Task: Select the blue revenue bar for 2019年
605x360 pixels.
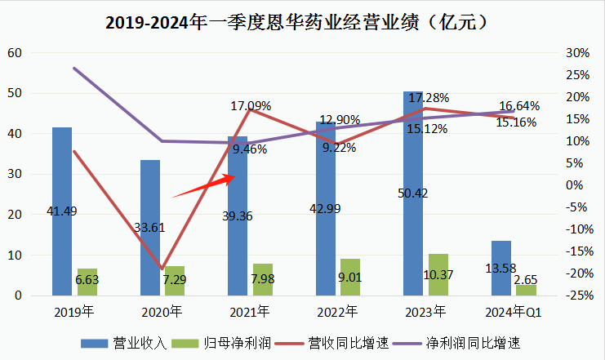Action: coord(62,211)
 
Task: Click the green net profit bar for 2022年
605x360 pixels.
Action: coord(349,277)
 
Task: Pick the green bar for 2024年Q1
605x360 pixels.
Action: coord(526,290)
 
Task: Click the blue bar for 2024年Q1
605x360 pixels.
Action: coord(501,268)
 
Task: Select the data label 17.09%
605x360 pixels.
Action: coord(251,105)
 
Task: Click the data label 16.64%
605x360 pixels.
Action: coord(519,106)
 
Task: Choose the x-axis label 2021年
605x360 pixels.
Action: coord(249,312)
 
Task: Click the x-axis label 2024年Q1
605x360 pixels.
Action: coord(513,312)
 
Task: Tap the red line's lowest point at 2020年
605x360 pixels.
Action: coord(162,268)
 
